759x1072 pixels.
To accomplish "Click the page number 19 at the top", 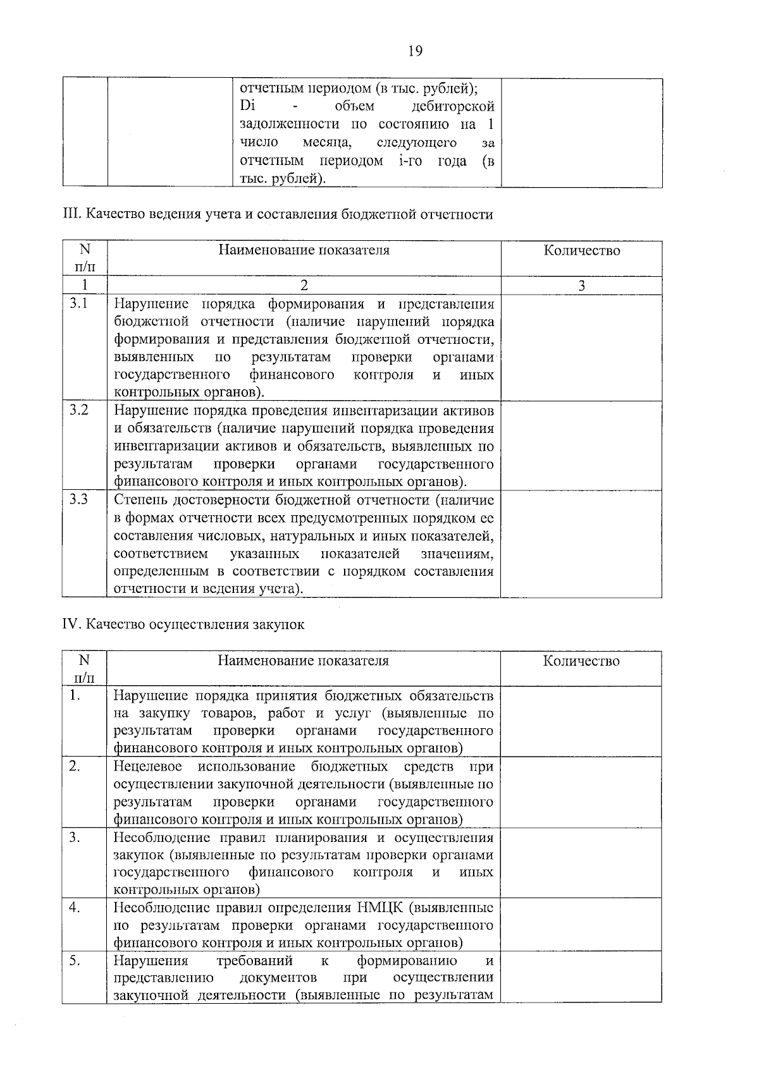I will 415,51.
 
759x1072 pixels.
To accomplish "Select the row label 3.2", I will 79,410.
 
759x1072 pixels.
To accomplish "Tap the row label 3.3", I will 79,500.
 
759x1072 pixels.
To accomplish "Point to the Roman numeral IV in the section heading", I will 70,624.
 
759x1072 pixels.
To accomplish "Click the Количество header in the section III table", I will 581,251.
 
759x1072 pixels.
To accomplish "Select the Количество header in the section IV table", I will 581,661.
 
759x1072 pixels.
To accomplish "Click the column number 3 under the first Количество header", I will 581,286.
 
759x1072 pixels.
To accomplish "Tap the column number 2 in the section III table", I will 304,286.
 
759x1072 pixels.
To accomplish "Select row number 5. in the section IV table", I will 75,961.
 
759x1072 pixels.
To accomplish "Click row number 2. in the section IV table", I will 75,767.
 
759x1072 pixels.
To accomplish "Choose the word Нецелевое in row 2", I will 147,767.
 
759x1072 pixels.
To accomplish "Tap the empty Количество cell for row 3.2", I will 581,446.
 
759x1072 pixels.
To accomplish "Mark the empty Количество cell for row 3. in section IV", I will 581,863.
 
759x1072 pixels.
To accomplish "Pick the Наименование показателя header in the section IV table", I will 304,661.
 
